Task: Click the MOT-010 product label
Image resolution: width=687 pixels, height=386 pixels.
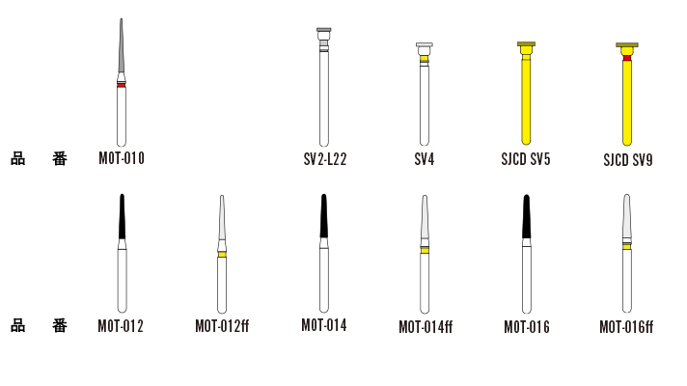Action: [x=122, y=158]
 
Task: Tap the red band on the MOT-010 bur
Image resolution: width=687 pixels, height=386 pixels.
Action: [x=122, y=85]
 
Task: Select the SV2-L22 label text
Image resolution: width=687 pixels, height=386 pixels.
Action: [x=325, y=159]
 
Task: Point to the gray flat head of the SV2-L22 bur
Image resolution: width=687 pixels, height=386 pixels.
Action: [x=324, y=30]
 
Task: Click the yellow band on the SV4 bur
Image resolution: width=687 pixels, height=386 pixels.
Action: [x=425, y=59]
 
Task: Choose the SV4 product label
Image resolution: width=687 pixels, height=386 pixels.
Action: [x=425, y=159]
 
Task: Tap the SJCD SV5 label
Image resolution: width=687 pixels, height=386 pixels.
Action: [x=526, y=159]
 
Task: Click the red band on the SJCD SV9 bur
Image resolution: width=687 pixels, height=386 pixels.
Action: [x=627, y=58]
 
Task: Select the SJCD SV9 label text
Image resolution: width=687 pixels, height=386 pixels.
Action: [x=628, y=160]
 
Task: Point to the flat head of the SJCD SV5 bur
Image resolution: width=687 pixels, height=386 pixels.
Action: [x=526, y=44]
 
